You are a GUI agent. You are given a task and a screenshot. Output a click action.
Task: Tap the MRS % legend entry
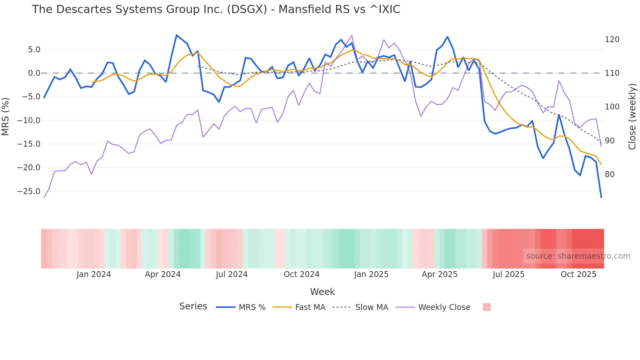[252, 307]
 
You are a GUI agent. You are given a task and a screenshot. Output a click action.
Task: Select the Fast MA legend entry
[310, 307]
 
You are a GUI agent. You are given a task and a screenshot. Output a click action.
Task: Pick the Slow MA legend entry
[372, 307]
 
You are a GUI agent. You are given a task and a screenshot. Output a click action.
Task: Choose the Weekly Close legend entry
[444, 307]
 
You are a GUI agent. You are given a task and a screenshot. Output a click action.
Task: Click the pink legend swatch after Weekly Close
[487, 307]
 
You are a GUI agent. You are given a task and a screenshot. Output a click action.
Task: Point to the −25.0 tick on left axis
[29, 191]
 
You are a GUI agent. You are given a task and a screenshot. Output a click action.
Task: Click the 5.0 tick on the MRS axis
[34, 50]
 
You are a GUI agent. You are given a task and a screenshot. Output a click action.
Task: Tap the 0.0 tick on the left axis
[34, 73]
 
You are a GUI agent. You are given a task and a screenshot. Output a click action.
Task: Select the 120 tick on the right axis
[612, 40]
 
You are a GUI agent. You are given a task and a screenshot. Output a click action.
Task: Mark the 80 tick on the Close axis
[610, 174]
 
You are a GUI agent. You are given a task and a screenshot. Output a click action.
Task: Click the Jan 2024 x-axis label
[94, 274]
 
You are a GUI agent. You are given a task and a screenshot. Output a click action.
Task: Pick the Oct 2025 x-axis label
[578, 274]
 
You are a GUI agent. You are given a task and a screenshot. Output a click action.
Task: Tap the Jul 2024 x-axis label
[232, 274]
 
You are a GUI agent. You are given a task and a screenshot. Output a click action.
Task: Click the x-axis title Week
[322, 292]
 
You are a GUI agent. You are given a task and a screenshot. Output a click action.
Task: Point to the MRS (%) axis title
[6, 116]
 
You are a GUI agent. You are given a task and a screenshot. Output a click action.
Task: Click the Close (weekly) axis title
[632, 116]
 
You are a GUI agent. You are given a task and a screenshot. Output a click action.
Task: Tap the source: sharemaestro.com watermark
[578, 256]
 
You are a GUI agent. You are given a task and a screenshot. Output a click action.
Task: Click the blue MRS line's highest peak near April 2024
[176, 35]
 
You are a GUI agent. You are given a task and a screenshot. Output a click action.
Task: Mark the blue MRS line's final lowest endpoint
[601, 197]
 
